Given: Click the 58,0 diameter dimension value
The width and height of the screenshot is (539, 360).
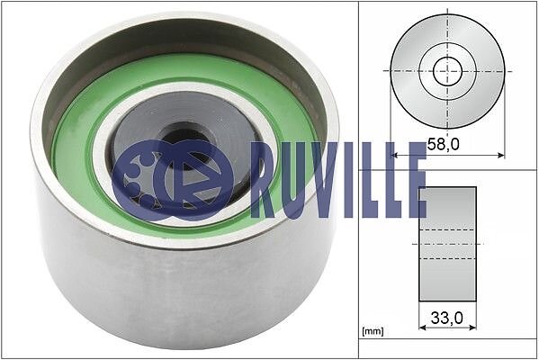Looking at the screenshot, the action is [443, 144].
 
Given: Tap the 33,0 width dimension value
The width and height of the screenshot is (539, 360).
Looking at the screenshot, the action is [447, 318].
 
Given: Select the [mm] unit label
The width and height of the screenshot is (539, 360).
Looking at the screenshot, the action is [373, 331].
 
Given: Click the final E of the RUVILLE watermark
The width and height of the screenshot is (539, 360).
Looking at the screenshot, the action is [416, 180].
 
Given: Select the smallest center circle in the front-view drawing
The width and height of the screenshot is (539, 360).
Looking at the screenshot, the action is [447, 71].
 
